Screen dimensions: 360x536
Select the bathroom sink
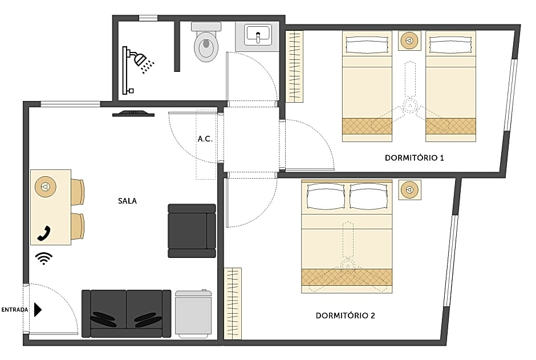[x=258, y=35]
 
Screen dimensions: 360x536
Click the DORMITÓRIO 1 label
[x=414, y=157]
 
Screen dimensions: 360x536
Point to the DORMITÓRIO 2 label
[x=345, y=315]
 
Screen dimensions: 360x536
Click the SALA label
[x=127, y=201]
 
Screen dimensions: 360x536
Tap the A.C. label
[x=205, y=139]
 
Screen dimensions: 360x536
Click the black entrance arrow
[x=38, y=310]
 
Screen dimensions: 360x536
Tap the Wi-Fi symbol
[x=43, y=258]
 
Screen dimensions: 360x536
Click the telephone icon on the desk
[x=44, y=233]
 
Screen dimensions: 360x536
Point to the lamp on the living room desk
[x=46, y=186]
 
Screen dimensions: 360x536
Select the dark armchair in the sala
[x=192, y=230]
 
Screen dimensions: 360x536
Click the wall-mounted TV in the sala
[x=133, y=113]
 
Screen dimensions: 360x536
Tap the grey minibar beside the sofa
[x=193, y=314]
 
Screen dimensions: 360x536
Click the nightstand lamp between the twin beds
[x=409, y=41]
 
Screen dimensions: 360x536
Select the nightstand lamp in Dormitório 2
[x=409, y=190]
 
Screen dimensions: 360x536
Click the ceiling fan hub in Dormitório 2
[x=347, y=264]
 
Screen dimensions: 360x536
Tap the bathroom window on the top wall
[x=148, y=18]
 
